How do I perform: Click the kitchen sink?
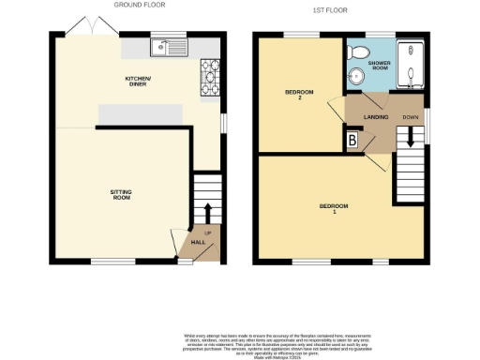coord(173,44)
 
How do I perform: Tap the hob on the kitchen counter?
coord(208,82)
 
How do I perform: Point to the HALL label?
coord(199,242)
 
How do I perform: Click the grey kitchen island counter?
coord(142,113)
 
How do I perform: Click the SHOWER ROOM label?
coord(378,65)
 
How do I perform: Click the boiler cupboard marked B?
coord(352,141)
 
